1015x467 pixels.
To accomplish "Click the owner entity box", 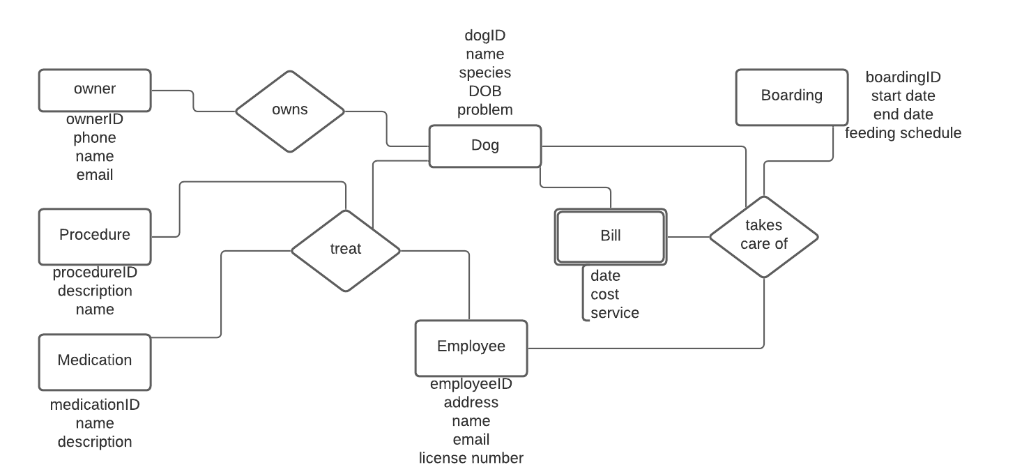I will [x=95, y=90].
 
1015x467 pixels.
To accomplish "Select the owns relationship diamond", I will [x=290, y=111].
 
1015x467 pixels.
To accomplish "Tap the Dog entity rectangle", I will [x=485, y=146].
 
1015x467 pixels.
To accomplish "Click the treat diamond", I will [x=346, y=250].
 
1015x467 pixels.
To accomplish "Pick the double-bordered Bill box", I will [x=611, y=236].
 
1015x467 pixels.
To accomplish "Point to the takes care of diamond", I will [x=764, y=236].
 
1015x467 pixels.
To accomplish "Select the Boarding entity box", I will [x=792, y=97].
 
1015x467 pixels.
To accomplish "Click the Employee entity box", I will [x=471, y=348].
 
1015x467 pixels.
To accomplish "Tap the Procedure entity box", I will [x=95, y=236].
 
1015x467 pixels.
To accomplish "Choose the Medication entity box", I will [x=95, y=361].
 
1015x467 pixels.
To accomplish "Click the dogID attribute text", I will [x=485, y=35].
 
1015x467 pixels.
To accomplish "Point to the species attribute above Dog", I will [x=485, y=72].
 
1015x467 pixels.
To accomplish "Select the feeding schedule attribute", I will [x=903, y=133].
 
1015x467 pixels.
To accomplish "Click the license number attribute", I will [x=471, y=458].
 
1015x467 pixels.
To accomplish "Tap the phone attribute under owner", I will [x=95, y=138].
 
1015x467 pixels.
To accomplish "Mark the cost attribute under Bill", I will [x=604, y=295].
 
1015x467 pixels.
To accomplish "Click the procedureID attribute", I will [x=95, y=273].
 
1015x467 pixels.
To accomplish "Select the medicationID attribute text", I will [x=95, y=405].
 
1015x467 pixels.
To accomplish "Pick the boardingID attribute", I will [x=903, y=77].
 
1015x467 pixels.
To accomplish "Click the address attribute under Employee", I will [x=471, y=402].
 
